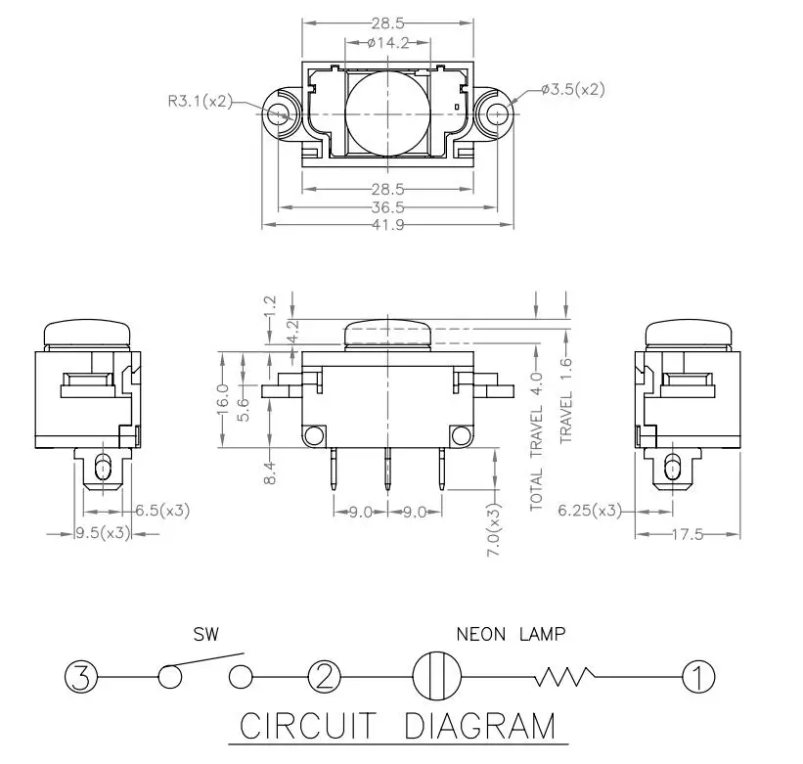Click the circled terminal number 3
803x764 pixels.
tap(83, 676)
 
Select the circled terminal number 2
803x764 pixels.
tap(324, 676)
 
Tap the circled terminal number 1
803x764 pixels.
tap(698, 676)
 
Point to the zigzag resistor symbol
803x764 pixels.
tap(563, 676)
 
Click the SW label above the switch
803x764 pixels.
tap(206, 634)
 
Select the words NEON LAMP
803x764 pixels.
tap(511, 634)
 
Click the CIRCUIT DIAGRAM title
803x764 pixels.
tap(397, 727)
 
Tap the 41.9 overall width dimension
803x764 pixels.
tap(388, 225)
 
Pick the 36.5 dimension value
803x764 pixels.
tap(388, 206)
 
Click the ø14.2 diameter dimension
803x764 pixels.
tap(388, 43)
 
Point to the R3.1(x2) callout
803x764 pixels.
tap(200, 99)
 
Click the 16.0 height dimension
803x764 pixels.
tap(224, 399)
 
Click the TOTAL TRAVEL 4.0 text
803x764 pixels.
tap(535, 440)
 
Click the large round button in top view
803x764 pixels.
tap(388, 113)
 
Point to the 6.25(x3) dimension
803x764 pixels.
tap(590, 510)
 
